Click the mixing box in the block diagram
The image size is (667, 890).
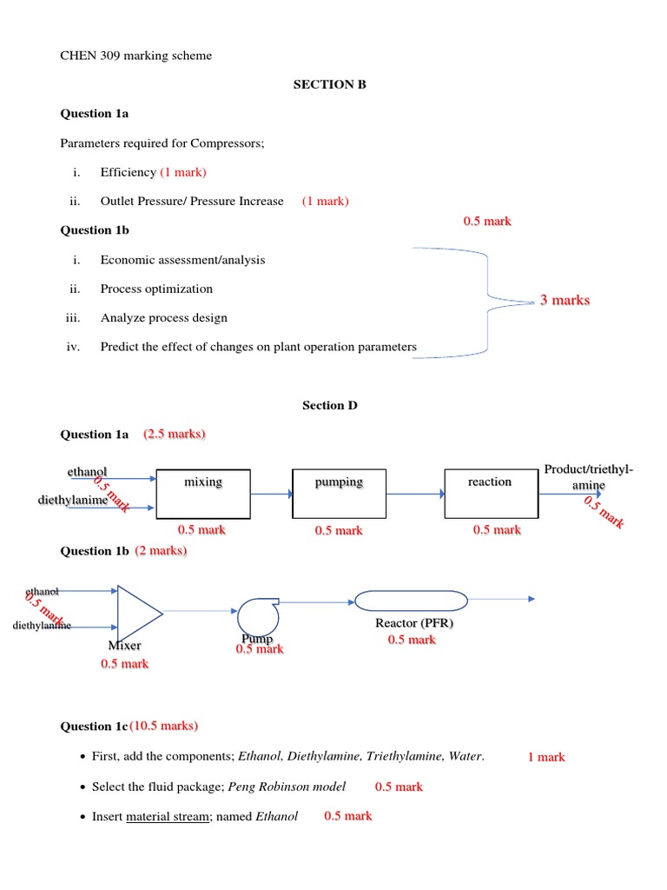point(203,494)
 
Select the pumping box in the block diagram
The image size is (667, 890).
point(339,494)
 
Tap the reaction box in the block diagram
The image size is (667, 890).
point(490,494)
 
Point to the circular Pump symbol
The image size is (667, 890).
point(255,616)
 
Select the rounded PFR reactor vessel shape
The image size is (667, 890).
point(411,601)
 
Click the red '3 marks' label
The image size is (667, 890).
point(565,300)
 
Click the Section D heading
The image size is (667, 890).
point(329,405)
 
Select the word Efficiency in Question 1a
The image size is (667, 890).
point(128,172)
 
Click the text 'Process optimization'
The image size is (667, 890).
point(156,289)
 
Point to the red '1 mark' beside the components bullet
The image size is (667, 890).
point(546,757)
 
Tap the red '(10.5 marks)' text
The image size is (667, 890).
point(164,726)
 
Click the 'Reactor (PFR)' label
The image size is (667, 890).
point(414,623)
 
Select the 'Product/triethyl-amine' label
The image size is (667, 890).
point(588,477)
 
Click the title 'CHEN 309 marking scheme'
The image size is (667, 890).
point(135,56)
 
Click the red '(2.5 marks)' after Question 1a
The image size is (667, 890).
point(175,434)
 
